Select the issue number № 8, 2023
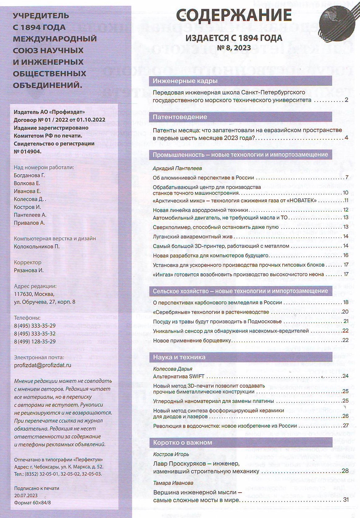pos(234,48)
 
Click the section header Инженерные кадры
pos(185,81)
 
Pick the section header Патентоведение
pos(180,117)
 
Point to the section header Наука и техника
pos(179,357)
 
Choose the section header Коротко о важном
pos(183,442)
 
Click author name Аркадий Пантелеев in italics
pos(177,168)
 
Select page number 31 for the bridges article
pos(346,500)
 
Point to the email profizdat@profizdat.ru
pos(43,365)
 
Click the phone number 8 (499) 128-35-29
pos(35,342)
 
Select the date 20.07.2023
pos(26,495)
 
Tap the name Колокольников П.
pos(37,246)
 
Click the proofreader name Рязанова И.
pos(28,270)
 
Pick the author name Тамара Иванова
pos(173,483)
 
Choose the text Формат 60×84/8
pos(33,503)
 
